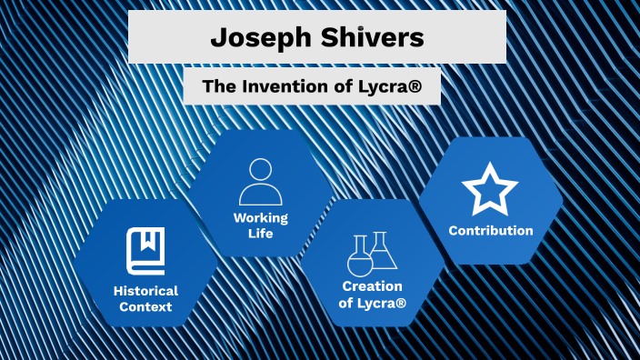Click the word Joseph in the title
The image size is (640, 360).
262,37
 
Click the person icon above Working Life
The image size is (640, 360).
261,182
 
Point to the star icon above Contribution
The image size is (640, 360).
490,188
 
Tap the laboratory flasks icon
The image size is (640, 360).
372,254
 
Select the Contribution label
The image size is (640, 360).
490,230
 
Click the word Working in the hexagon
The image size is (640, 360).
261,218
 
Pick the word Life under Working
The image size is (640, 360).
261,234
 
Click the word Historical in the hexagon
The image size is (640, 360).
145,291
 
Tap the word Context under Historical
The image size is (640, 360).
145,307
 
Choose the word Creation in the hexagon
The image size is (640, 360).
372,286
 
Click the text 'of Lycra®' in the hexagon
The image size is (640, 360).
372,303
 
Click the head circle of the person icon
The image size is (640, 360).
261,170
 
